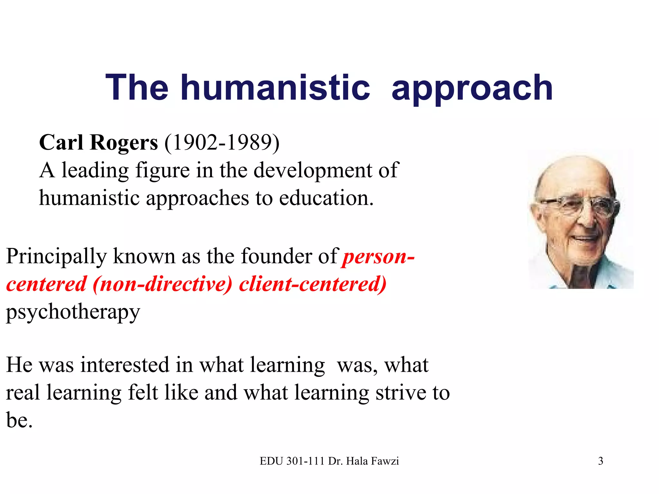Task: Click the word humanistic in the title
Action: click(x=275, y=87)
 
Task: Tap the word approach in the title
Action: click(x=472, y=88)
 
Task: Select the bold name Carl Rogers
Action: click(x=98, y=142)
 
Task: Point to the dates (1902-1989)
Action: click(x=222, y=142)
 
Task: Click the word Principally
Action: click(x=56, y=257)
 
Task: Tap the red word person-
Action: click(x=378, y=257)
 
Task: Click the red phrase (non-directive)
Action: click(x=162, y=284)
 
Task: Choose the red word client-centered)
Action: click(x=312, y=284)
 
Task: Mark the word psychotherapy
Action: click(x=73, y=312)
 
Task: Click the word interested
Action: click(x=125, y=365)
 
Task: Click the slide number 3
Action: click(x=600, y=461)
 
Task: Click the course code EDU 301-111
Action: click(x=292, y=461)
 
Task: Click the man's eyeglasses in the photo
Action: click(x=579, y=206)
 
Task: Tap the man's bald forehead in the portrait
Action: click(x=576, y=177)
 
